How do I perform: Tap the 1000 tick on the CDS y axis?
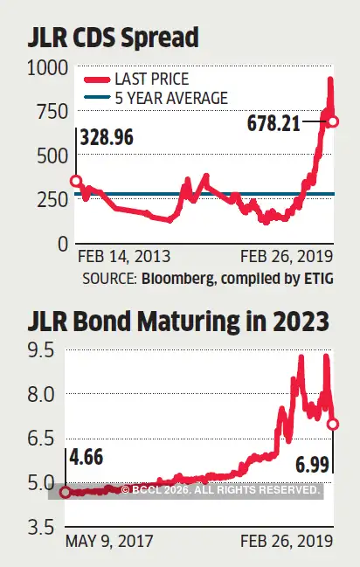click(x=47, y=67)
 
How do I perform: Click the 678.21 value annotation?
click(x=266, y=124)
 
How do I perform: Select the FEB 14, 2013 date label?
click(x=124, y=257)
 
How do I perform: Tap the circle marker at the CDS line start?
click(x=76, y=182)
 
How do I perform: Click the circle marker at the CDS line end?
click(x=332, y=120)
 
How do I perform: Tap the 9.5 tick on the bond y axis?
click(x=42, y=350)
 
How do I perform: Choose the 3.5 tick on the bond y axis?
click(x=42, y=527)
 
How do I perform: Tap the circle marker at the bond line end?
click(x=333, y=424)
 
